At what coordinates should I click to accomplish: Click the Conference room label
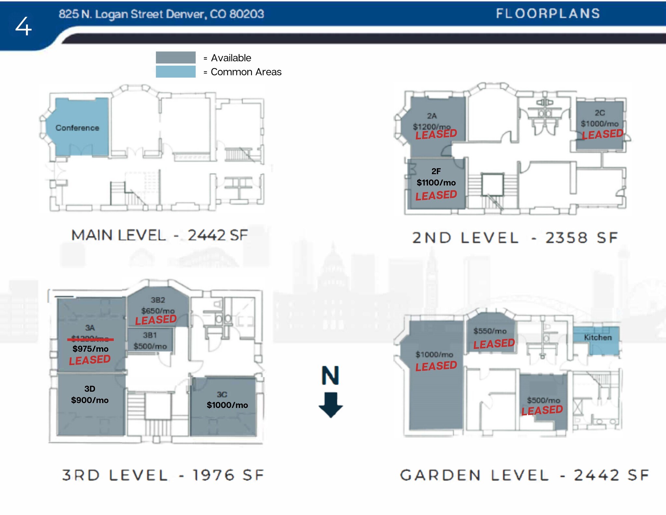pyautogui.click(x=77, y=128)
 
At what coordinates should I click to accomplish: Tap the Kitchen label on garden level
pyautogui.click(x=598, y=338)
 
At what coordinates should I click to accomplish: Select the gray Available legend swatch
pyautogui.click(x=176, y=58)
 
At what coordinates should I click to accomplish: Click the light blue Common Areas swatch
pyautogui.click(x=176, y=72)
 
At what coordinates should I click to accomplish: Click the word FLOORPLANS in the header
pyautogui.click(x=548, y=14)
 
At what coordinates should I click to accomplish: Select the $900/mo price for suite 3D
pyautogui.click(x=90, y=400)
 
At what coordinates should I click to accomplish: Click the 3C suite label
pyautogui.click(x=222, y=395)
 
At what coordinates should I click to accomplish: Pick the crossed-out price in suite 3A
pyautogui.click(x=90, y=339)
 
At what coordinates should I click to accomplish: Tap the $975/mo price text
pyautogui.click(x=90, y=349)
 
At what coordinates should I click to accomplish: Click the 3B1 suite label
pyautogui.click(x=150, y=335)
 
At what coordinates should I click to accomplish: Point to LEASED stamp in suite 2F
pyautogui.click(x=436, y=195)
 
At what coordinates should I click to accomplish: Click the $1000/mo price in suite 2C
pyautogui.click(x=599, y=124)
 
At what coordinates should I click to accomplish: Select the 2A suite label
pyautogui.click(x=432, y=116)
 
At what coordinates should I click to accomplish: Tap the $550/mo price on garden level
pyautogui.click(x=490, y=331)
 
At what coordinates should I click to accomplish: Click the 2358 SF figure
pyautogui.click(x=581, y=238)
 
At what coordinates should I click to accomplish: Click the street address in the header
pyautogui.click(x=161, y=14)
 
